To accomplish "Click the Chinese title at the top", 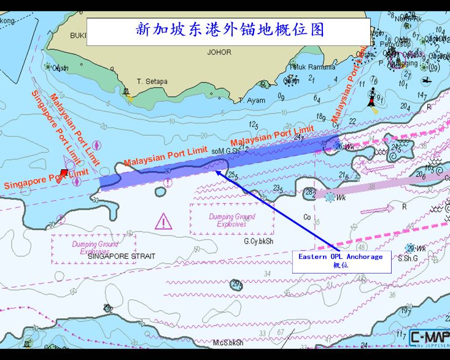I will [x=228, y=30].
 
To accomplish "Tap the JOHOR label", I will [x=219, y=53].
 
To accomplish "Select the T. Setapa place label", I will [x=152, y=81].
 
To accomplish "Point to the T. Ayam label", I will [x=252, y=101].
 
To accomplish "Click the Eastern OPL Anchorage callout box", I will [x=341, y=261].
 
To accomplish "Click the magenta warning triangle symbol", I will [x=163, y=221].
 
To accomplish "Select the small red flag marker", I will [x=64, y=174].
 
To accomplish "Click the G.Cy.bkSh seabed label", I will [x=258, y=241].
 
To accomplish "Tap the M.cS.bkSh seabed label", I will [x=228, y=343].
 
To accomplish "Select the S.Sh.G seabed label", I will [x=408, y=258].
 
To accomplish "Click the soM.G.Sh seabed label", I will [x=225, y=151].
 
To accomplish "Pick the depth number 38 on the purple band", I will [x=371, y=186].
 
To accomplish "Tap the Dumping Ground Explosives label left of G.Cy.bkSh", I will [x=231, y=220].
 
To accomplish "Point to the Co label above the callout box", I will [x=307, y=217].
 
